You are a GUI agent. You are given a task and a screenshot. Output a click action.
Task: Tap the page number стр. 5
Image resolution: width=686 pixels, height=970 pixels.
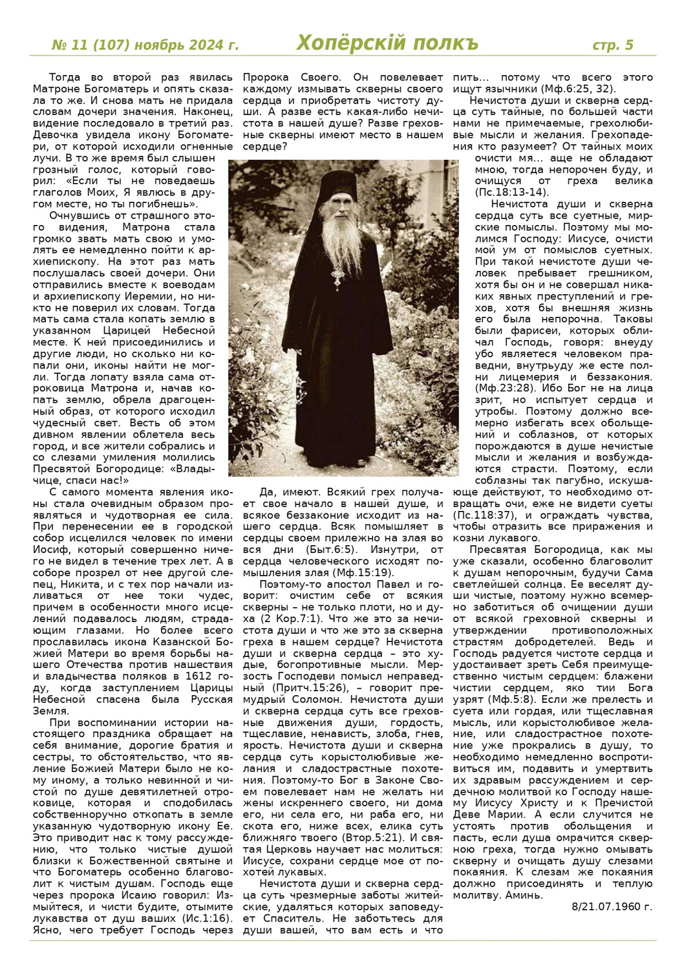pyautogui.click(x=613, y=45)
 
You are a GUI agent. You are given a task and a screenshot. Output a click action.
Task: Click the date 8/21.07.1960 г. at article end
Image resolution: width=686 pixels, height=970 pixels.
pyautogui.click(x=612, y=906)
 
